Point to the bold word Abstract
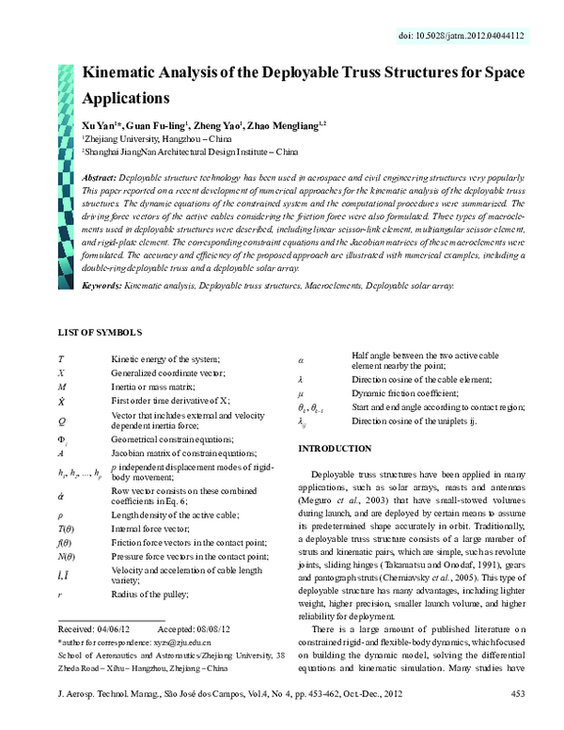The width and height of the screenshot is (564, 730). (x=100, y=177)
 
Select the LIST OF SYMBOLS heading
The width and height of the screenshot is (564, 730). (x=101, y=333)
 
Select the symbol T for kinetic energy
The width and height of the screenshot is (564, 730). (x=61, y=359)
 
